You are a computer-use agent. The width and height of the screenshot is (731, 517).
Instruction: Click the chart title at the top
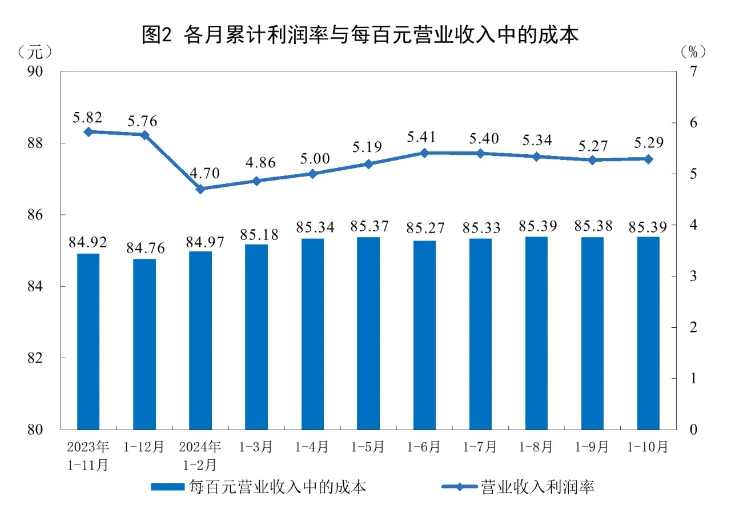click(x=360, y=35)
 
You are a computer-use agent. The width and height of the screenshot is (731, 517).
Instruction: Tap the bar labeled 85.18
click(x=256, y=337)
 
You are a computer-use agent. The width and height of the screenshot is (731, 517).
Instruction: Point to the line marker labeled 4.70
click(x=200, y=189)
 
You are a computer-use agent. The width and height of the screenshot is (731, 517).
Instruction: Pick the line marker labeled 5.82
click(x=88, y=132)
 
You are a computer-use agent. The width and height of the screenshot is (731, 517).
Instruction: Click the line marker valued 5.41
click(x=424, y=153)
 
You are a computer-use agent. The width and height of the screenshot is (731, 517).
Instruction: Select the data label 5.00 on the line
click(x=313, y=159)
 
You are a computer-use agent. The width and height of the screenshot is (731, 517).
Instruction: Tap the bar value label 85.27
click(x=424, y=227)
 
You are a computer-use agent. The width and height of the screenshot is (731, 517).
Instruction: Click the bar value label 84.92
click(x=88, y=241)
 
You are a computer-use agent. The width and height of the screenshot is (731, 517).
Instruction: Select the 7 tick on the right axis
click(x=693, y=72)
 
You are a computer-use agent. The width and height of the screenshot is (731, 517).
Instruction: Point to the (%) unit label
click(x=693, y=52)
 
